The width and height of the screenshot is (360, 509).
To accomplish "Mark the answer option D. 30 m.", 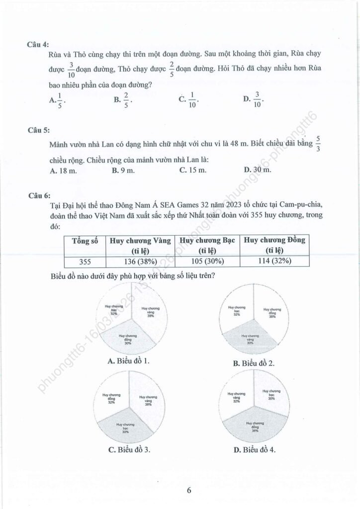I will click(258, 170).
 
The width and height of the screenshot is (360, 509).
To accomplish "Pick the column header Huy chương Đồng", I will click(274, 245).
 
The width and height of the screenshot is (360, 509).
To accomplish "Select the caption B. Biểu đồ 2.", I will click(254, 363).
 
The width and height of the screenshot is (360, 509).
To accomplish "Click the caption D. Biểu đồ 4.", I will click(254, 450).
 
